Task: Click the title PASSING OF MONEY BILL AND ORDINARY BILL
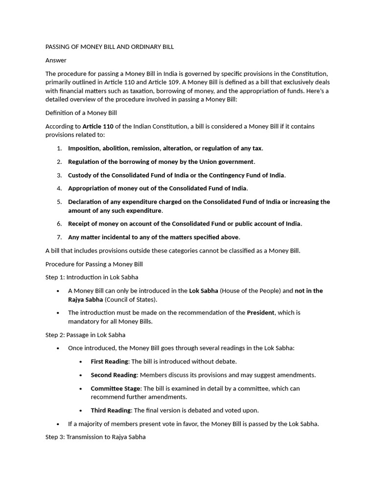tap(110, 47)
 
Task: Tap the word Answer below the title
tap(56, 60)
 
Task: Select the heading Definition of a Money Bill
tap(81, 113)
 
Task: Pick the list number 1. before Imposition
tap(59, 148)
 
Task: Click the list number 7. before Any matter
tap(59, 237)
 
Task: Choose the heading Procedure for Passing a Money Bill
tap(94, 264)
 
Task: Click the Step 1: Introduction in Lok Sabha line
tap(92, 277)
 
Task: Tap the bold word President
tap(260, 313)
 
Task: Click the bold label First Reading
tap(109, 362)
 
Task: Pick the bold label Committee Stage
tap(115, 388)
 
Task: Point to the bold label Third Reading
tap(111, 410)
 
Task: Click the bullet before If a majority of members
tap(58, 424)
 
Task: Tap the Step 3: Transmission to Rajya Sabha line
tap(95, 437)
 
